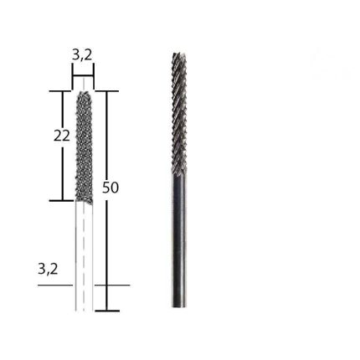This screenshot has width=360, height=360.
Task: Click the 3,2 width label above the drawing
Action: [82, 54]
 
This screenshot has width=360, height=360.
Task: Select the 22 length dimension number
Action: [61, 135]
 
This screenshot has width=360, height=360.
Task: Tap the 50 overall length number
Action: [111, 188]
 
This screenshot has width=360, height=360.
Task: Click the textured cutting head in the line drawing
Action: [83, 147]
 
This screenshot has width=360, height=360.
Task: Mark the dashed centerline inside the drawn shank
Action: [83, 251]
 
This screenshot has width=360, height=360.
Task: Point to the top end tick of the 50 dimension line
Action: [106, 91]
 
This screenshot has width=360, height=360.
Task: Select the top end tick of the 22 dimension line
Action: [62, 91]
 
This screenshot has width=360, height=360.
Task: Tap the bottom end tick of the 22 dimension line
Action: [62, 201]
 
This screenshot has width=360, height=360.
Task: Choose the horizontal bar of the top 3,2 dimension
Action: [83, 75]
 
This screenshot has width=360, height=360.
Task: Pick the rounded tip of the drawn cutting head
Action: [83, 94]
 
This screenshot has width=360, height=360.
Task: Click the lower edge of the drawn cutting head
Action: [83, 201]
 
